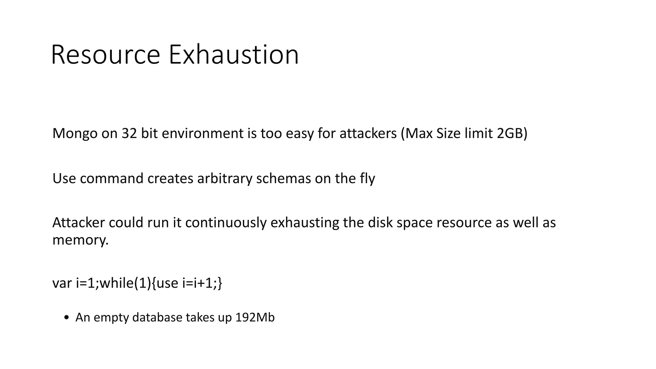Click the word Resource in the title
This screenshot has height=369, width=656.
[x=105, y=55]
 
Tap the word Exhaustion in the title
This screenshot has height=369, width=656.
[x=234, y=55]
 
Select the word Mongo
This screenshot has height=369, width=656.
[x=75, y=134]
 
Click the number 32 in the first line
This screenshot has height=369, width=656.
[x=129, y=134]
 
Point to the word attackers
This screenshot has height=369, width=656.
[x=368, y=134]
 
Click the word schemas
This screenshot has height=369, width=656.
[x=283, y=178]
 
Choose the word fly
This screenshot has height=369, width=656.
[x=367, y=178]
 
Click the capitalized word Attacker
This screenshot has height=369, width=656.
[x=78, y=223]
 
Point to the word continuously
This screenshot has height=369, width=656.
[x=226, y=223]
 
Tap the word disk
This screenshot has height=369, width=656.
[x=380, y=223]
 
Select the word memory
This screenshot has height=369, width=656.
[x=80, y=240]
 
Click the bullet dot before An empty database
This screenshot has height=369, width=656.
[x=66, y=318]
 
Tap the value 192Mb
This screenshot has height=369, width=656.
[x=255, y=317]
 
